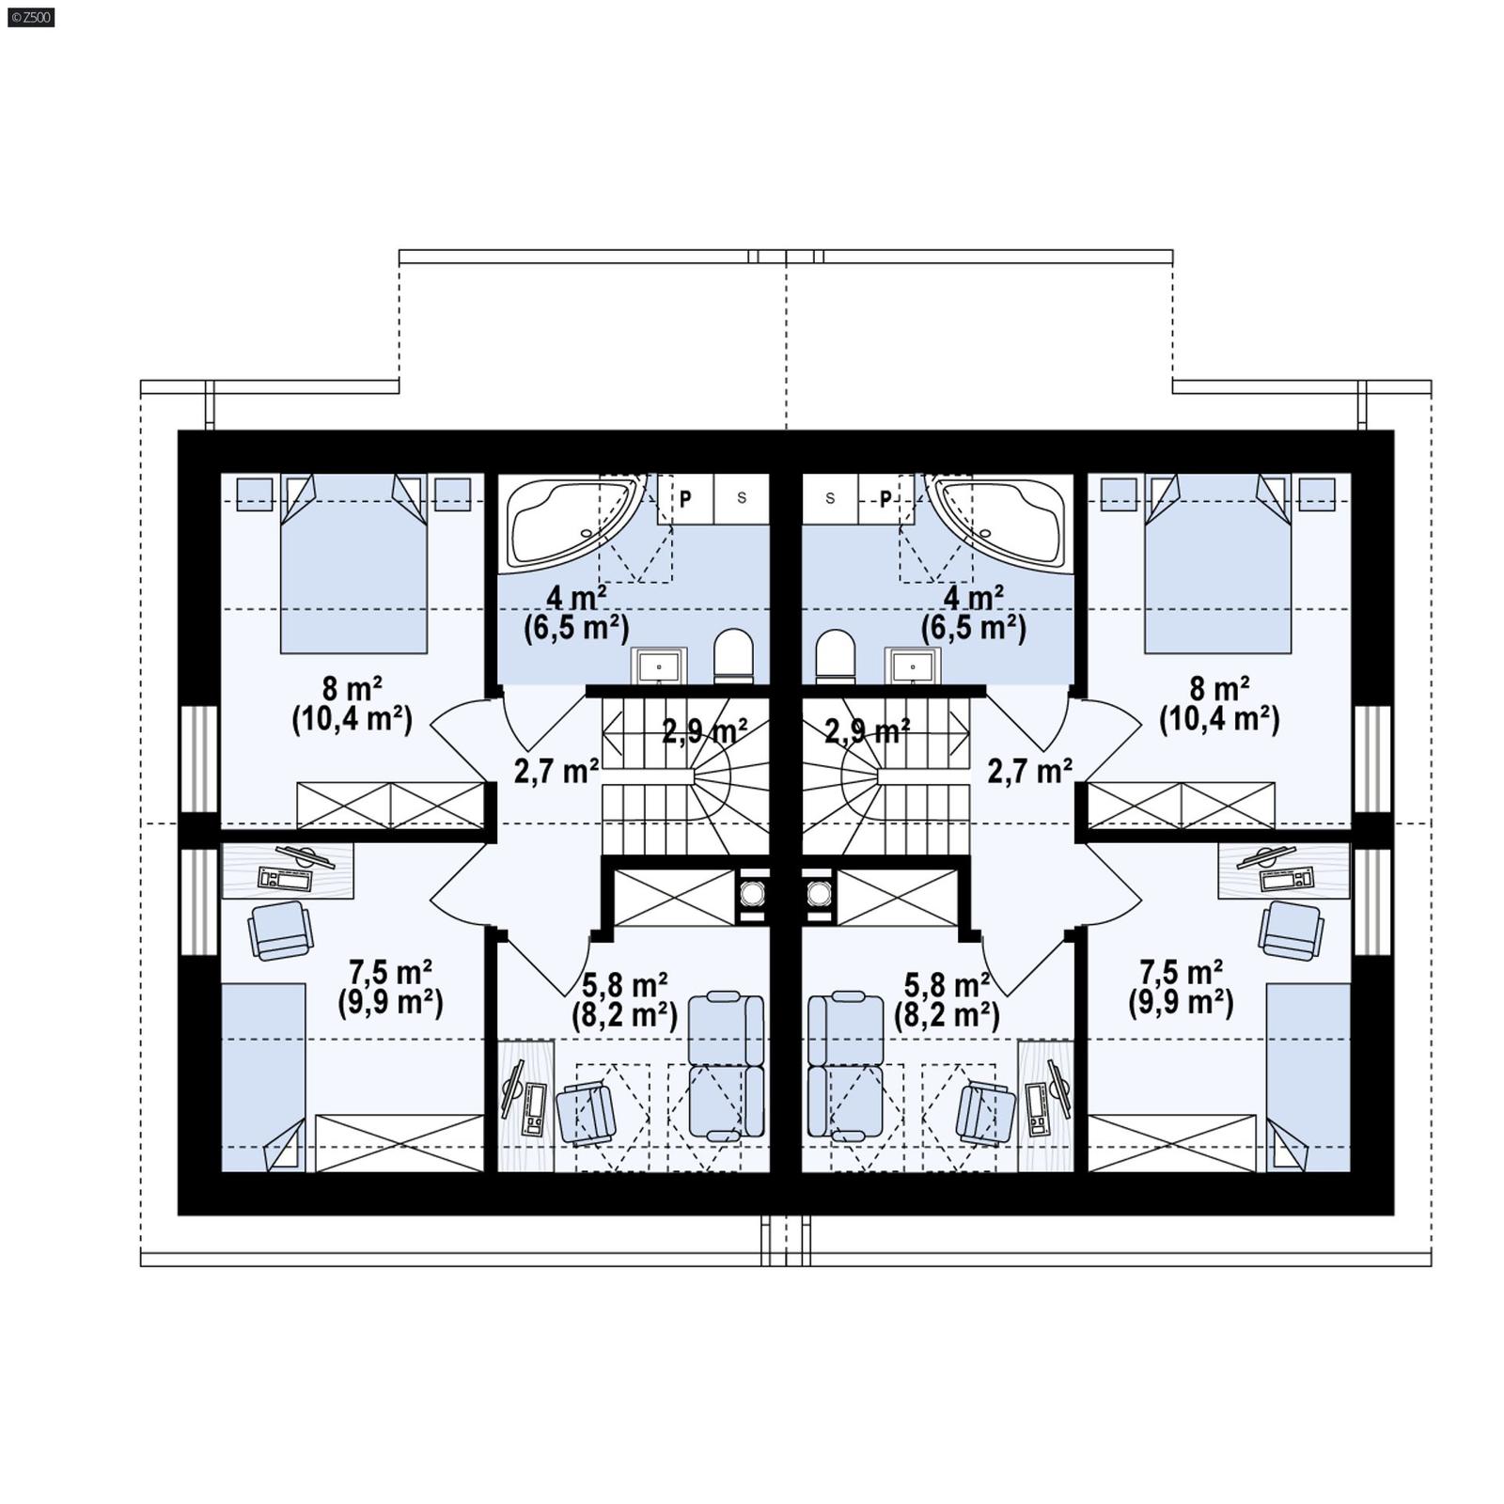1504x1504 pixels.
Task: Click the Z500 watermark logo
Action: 30,16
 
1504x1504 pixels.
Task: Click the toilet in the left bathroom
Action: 733,656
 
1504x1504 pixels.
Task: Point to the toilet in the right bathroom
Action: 836,656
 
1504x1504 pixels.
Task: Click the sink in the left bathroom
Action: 659,666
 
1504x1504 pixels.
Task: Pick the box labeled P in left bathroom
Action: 685,498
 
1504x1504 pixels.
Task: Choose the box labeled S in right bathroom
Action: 830,498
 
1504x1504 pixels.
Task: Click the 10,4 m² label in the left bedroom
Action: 352,720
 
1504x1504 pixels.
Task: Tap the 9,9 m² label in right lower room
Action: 1181,1003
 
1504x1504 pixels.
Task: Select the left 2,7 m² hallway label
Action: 556,771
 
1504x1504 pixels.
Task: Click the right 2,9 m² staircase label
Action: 867,730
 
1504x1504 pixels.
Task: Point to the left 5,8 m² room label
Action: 625,985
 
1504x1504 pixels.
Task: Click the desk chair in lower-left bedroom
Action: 280,930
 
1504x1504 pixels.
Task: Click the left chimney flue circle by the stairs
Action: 752,892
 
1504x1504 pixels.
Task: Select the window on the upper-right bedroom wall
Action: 1371,757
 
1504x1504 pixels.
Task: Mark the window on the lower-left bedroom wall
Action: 199,901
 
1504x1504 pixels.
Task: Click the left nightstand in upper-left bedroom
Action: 254,493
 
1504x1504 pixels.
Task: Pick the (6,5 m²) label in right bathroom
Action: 973,627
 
